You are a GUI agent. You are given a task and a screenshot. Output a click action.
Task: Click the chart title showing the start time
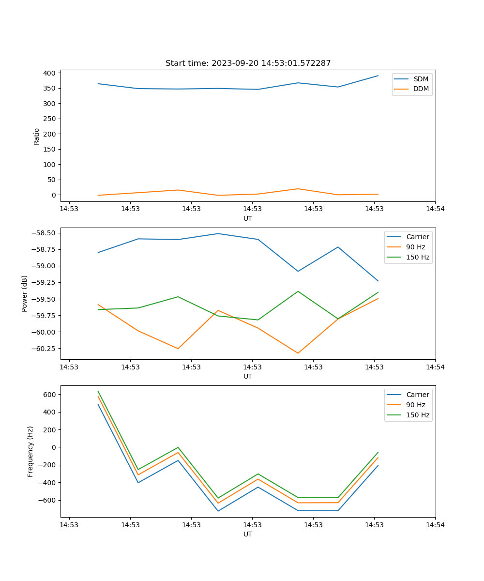coord(248,63)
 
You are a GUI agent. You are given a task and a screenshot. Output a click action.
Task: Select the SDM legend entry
coord(421,79)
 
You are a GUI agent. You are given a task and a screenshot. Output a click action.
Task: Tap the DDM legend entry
coord(421,89)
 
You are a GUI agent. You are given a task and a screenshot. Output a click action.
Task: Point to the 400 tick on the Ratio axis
coord(50,73)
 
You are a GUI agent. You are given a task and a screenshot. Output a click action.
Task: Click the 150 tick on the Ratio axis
coord(50,149)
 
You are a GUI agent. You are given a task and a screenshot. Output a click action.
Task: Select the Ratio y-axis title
coord(37,136)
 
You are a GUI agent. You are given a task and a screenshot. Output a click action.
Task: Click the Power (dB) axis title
coord(25,293)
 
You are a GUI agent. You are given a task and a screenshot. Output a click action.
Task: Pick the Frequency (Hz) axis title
coord(30,451)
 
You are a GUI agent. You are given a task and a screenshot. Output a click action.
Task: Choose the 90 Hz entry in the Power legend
coord(415,247)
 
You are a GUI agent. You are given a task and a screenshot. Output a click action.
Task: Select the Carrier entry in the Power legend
coord(417,237)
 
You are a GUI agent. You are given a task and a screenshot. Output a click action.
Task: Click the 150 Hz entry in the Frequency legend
coord(418,415)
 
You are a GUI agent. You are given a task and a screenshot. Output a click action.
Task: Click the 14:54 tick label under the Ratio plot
coord(435,209)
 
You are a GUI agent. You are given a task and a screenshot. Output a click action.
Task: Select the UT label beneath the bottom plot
coord(248,534)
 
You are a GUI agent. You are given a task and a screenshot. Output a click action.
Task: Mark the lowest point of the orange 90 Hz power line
coord(298,353)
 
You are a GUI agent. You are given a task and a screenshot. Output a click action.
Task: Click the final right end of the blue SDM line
coord(378,76)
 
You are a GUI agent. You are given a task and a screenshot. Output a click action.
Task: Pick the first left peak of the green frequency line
coord(98,392)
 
